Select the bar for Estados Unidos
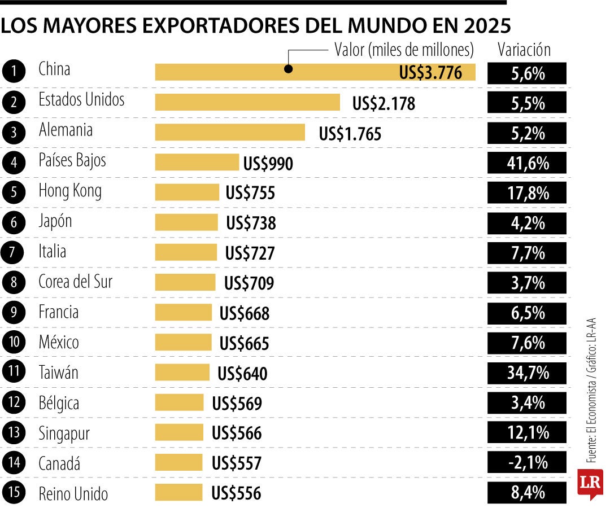(247, 103)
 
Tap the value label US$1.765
(350, 134)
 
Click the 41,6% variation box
(526, 164)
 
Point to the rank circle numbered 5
(13, 192)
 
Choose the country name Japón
(55, 221)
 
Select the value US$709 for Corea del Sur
(249, 283)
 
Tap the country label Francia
(58, 312)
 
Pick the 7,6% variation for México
(526, 343)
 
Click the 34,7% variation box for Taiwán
(526, 373)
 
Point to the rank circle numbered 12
(13, 403)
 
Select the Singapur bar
(179, 433)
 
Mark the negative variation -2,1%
(526, 463)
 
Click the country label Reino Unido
(73, 494)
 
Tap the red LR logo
(590, 483)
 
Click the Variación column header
(524, 50)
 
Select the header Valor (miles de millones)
(404, 50)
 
